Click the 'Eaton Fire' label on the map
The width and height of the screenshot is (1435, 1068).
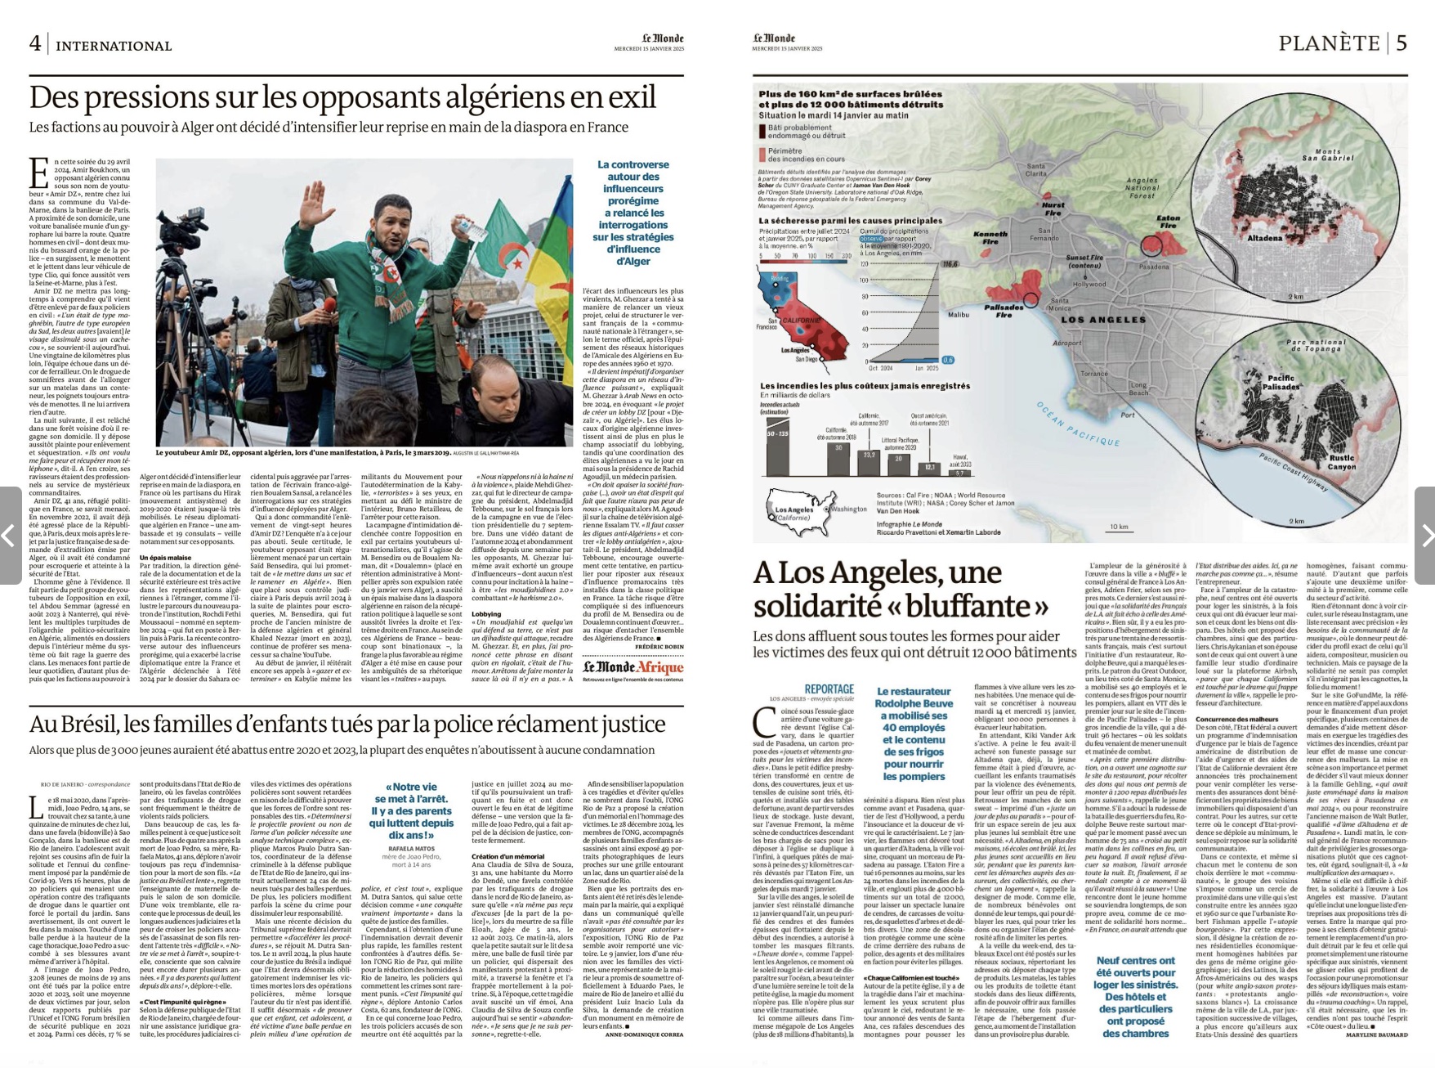(1169, 222)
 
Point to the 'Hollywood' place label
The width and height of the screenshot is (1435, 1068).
(1089, 284)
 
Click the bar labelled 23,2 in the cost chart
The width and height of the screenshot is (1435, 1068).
(869, 464)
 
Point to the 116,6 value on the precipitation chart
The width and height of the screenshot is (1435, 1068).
(949, 264)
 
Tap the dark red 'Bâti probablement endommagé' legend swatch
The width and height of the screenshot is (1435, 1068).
(762, 132)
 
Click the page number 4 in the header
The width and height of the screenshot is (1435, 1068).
(35, 43)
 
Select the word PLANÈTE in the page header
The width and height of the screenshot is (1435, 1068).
(1328, 43)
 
